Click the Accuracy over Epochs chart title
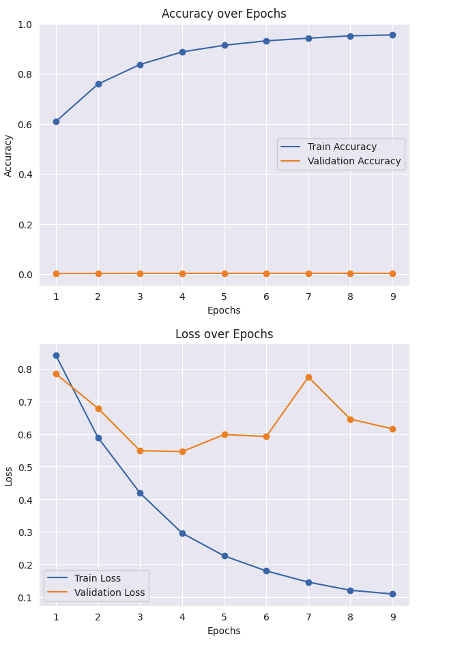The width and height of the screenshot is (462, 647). coord(224,14)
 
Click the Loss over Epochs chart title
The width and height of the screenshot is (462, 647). coord(224,334)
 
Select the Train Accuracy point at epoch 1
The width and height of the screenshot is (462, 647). coord(56,121)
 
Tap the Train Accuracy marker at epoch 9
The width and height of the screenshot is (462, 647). coord(392,35)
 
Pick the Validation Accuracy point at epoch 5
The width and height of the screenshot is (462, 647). coord(225,273)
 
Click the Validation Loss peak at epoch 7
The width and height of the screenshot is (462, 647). coord(308,377)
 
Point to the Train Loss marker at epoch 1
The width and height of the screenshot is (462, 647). coord(56,355)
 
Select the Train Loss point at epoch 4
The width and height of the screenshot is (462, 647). coord(182,533)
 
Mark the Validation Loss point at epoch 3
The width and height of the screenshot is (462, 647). coord(140,451)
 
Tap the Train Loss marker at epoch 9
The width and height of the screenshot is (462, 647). coord(392,594)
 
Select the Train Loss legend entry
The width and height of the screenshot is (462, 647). coord(97,578)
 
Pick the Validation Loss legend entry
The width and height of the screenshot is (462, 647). coord(109,592)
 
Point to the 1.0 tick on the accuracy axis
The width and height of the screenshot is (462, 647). coord(25,25)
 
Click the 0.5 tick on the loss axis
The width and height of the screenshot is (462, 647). coord(25,467)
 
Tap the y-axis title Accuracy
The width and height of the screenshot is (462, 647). coord(8,155)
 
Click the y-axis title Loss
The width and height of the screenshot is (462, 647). coord(8,475)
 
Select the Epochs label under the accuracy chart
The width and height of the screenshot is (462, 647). coord(224,310)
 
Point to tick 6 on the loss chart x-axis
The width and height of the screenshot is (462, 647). coord(266,617)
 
